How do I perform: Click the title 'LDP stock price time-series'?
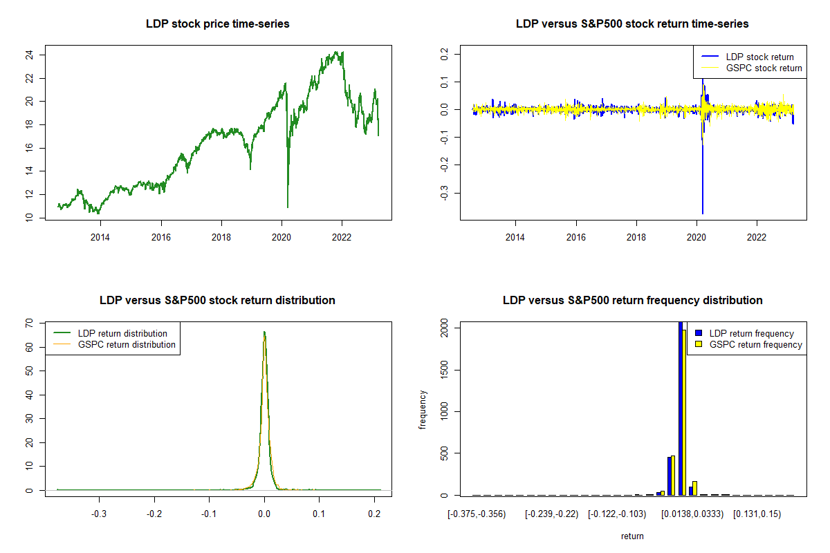[x=217, y=24]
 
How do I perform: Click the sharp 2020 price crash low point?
[x=288, y=207]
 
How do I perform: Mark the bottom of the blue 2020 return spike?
[x=703, y=214]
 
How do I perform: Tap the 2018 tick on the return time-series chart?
[x=636, y=237]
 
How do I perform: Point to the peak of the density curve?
[x=264, y=332]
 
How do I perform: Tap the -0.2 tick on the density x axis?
[x=154, y=514]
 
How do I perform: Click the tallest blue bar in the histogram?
[x=681, y=408]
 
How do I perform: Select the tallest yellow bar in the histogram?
[x=685, y=412]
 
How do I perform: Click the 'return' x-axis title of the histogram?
[x=632, y=536]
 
